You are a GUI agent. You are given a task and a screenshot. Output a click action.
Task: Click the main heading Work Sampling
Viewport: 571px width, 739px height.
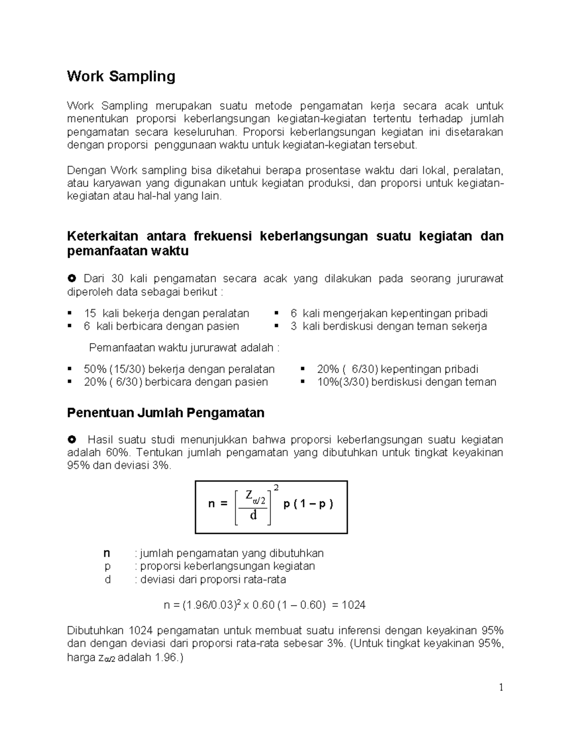[x=121, y=77]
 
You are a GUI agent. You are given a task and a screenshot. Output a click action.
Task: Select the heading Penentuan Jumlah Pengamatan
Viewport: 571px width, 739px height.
[x=166, y=413]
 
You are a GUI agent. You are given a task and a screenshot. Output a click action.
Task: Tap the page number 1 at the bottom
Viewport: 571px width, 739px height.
[x=501, y=687]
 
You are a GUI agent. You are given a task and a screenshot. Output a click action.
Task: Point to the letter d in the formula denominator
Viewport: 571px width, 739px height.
[x=253, y=515]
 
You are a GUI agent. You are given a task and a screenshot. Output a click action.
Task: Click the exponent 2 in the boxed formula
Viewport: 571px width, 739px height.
[x=276, y=488]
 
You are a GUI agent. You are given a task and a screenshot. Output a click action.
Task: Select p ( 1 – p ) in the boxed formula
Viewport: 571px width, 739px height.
[x=308, y=504]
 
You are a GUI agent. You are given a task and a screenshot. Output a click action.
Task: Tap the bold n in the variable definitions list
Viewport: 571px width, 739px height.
[x=107, y=553]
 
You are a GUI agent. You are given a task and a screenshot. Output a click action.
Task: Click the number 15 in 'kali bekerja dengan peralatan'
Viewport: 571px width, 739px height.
[x=90, y=313]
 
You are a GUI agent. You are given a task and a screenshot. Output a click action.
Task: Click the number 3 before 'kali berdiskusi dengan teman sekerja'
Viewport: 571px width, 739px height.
[x=294, y=326]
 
